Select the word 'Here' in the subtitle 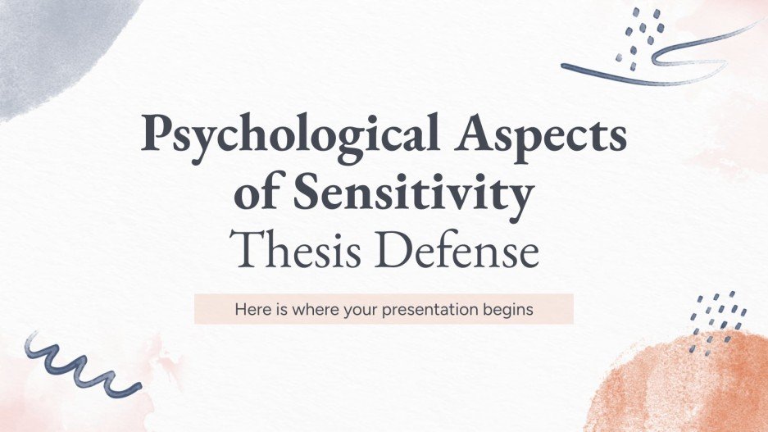250,311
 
